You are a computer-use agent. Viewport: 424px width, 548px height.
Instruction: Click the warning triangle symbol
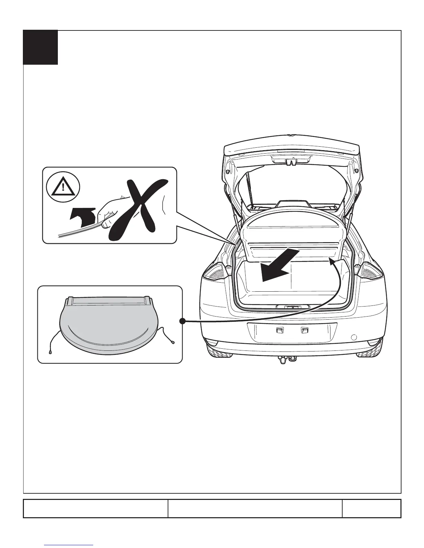tap(63, 188)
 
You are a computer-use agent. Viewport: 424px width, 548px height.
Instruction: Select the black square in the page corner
tap(40, 47)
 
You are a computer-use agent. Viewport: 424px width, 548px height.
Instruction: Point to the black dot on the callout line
tap(183, 321)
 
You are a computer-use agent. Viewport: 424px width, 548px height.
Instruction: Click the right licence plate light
tap(304, 331)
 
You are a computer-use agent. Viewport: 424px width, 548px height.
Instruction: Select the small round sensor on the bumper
tap(354, 337)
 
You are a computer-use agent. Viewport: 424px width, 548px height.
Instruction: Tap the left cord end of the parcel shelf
tap(51, 353)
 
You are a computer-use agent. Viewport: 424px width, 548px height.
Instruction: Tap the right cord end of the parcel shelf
tap(173, 343)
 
